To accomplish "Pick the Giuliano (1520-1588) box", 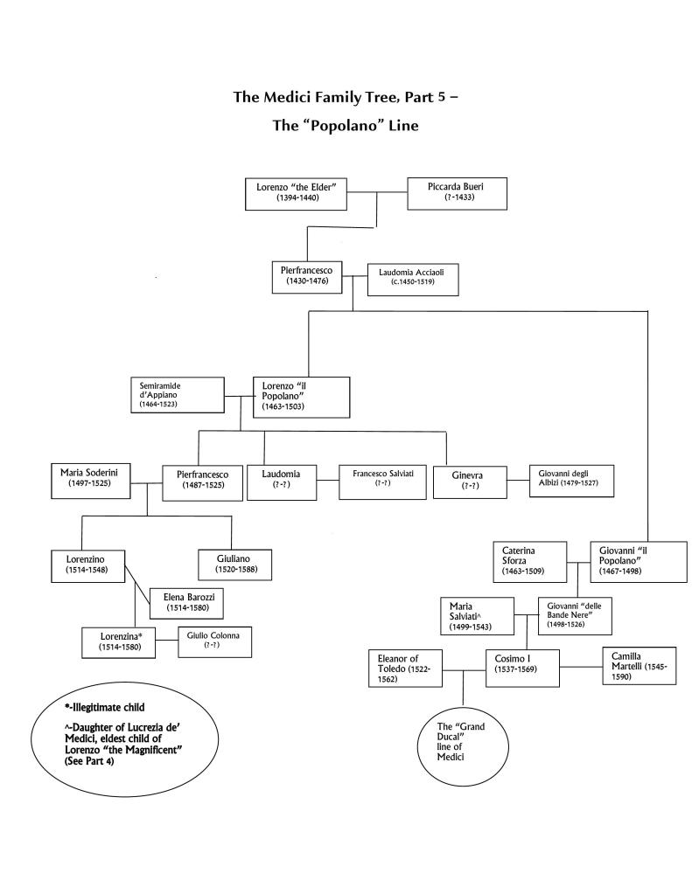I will [x=231, y=561].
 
